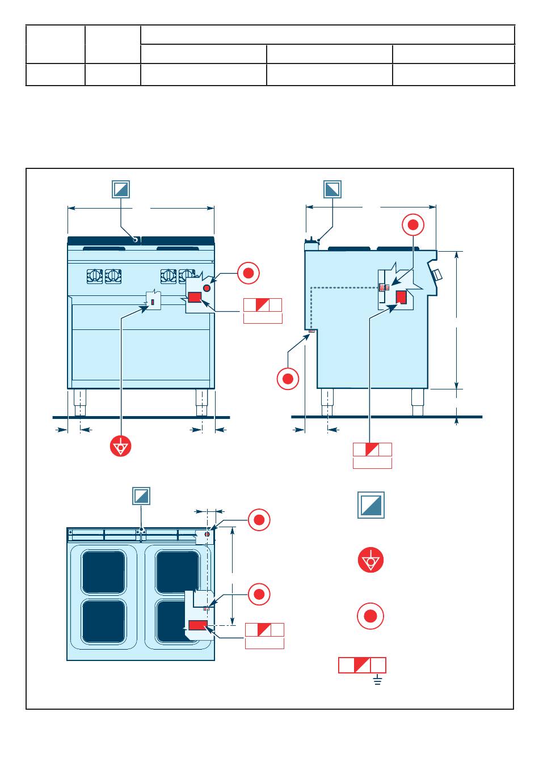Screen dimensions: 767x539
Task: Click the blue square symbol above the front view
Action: [121, 189]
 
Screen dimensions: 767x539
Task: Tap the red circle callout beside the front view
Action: [248, 273]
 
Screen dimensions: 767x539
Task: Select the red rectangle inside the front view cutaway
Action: [195, 298]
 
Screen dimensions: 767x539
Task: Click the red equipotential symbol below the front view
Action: [121, 446]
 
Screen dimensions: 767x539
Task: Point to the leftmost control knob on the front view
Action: [95, 276]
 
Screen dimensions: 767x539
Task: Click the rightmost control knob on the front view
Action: [186, 276]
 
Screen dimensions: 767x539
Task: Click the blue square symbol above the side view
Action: [332, 189]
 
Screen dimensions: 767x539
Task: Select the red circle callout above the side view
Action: [413, 226]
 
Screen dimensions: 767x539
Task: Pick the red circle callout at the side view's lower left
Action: [288, 379]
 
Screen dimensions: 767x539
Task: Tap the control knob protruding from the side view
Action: [437, 275]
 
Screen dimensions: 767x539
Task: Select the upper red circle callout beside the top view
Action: [259, 520]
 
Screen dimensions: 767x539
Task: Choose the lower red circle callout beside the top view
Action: [259, 594]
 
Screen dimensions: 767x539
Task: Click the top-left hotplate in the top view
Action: [104, 571]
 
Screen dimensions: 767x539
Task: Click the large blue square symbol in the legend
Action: [371, 505]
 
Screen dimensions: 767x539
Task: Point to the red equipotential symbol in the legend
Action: [371, 561]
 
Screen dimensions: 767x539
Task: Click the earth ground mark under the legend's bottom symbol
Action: [378, 679]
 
